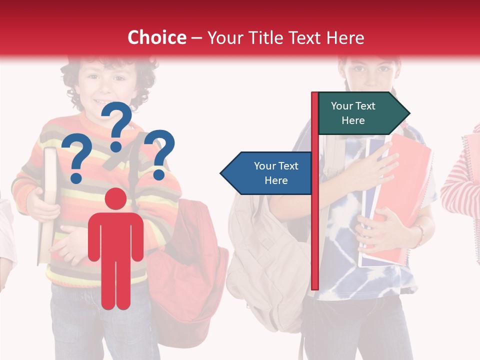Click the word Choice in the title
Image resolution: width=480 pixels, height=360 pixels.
coord(156,37)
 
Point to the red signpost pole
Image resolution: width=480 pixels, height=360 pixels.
coord(314,225)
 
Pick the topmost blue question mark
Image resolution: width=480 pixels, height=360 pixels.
coord(117,125)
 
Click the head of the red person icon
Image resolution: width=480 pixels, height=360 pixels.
coord(116,199)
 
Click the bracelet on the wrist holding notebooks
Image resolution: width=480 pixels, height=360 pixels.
coord(419,235)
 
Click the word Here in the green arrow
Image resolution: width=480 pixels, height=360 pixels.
coord(353,120)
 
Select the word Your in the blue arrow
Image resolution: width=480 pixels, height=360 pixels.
coord(263,166)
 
